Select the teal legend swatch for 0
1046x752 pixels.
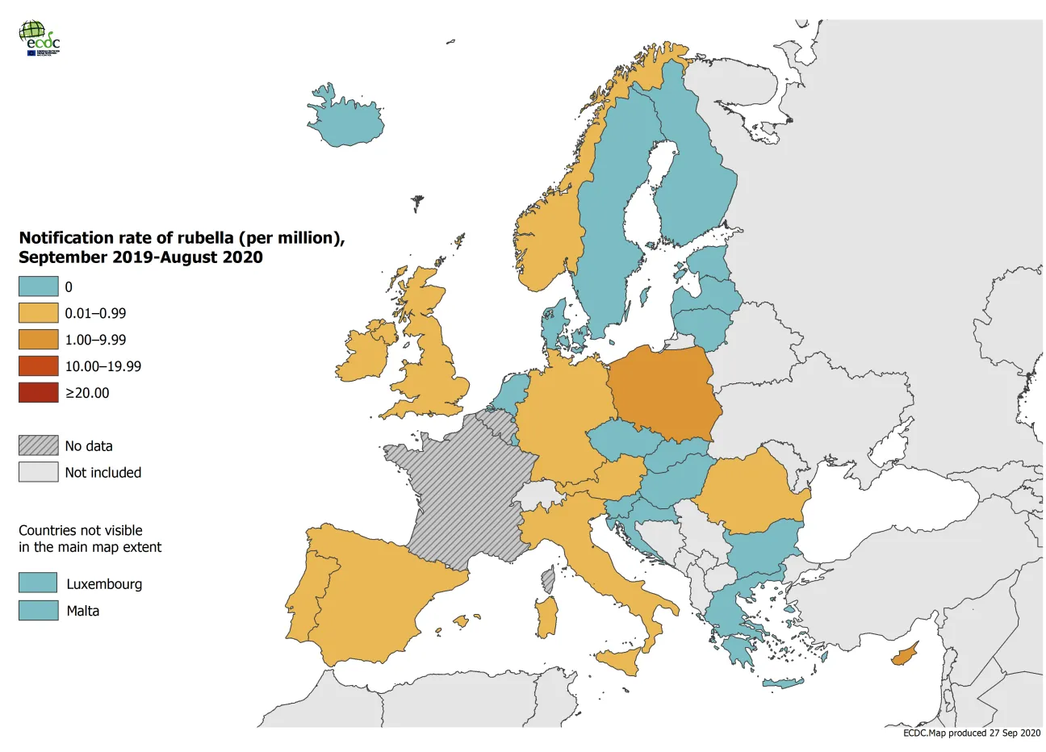(x=39, y=286)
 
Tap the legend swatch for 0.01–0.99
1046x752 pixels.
(x=39, y=313)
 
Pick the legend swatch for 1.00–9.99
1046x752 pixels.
(x=39, y=340)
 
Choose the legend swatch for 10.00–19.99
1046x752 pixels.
(x=39, y=366)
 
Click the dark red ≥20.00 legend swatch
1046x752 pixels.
(x=39, y=393)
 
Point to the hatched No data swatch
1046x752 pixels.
(x=39, y=445)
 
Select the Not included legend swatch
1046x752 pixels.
(x=39, y=472)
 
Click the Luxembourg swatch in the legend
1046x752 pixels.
(x=39, y=583)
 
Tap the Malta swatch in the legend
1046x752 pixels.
(x=39, y=610)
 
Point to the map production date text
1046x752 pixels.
(x=972, y=733)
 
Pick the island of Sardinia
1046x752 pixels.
(x=547, y=616)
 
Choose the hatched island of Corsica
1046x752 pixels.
(x=549, y=579)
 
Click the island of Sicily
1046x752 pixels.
(x=620, y=662)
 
